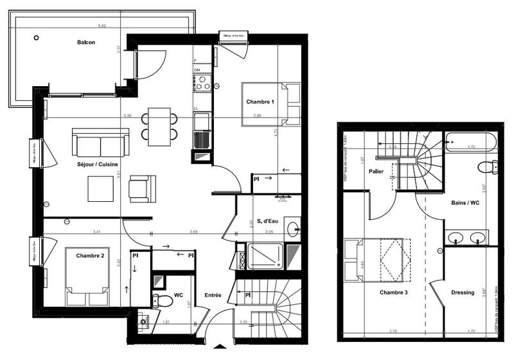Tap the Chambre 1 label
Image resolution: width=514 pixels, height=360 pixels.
point(260,102)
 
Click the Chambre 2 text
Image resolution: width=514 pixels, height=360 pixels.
point(90,256)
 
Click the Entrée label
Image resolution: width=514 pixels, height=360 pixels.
point(213,295)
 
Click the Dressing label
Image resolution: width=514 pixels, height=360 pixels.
point(463,292)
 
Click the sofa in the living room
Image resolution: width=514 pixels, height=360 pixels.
point(100,141)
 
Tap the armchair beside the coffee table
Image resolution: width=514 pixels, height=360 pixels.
point(141,187)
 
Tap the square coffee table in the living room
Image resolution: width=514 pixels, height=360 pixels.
point(101,188)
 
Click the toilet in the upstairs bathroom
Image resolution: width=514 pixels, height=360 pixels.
point(488,167)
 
